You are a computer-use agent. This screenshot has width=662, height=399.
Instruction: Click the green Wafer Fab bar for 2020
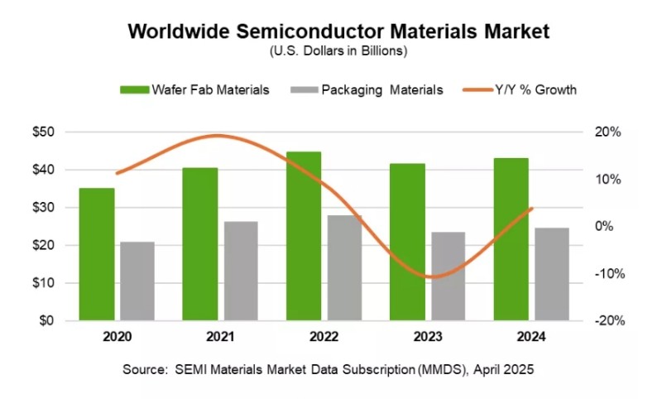coord(97,254)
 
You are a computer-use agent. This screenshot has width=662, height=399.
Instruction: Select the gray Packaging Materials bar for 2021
coord(241,271)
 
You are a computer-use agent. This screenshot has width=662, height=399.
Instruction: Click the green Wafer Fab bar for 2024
coord(511,239)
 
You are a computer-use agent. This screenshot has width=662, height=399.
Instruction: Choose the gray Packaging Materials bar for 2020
coord(137,281)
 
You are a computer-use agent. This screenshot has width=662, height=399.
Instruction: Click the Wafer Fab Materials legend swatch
coord(134,90)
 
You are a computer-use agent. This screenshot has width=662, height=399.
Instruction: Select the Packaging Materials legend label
coord(382,90)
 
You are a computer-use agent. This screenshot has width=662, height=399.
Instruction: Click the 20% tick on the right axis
coord(606,132)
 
